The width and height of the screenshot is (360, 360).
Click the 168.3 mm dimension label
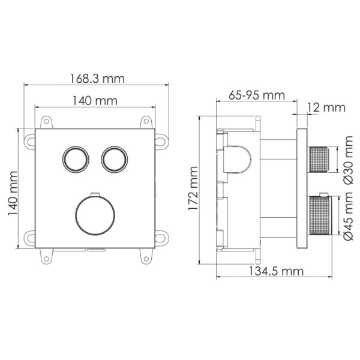tap(97, 79)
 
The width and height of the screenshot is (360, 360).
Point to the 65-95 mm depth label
tap(256, 95)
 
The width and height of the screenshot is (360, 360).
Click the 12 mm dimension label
tap(326, 107)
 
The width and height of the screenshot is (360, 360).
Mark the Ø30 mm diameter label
tap(347, 160)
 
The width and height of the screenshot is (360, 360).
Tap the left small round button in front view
tap(76, 159)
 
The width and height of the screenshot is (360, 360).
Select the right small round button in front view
tap(113, 159)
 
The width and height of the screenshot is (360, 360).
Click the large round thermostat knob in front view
tap(94, 215)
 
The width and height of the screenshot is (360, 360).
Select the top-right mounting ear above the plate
tap(146, 122)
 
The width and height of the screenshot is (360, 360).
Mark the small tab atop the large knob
tap(94, 193)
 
